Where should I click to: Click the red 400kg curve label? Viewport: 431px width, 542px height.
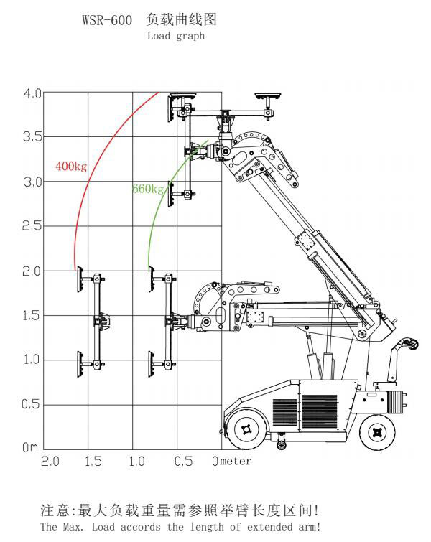71,167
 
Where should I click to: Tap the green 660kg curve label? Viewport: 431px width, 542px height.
148,189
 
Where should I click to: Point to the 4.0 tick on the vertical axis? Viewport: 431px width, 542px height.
32,93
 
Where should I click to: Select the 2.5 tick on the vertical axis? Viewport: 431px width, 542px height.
32,226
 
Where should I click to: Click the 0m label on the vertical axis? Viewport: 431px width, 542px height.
30,447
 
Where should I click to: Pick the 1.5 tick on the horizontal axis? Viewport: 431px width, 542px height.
93,462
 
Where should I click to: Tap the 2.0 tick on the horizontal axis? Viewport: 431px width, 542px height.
50,462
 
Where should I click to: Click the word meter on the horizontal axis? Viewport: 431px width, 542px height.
236,461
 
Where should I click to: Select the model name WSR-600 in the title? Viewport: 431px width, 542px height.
107,19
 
